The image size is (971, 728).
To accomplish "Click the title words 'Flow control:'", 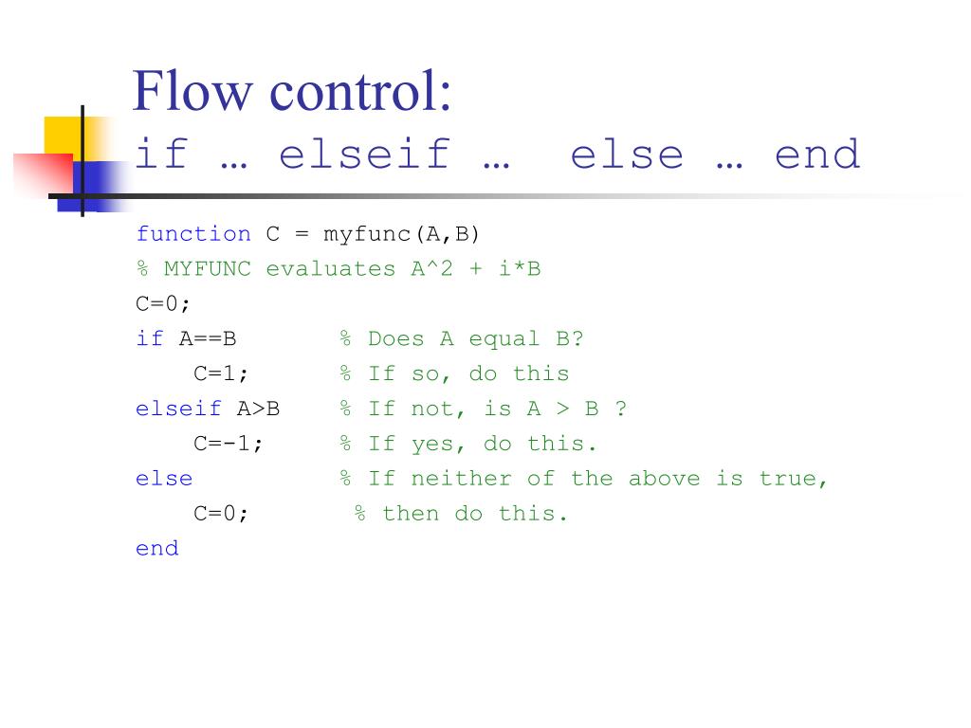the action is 292,93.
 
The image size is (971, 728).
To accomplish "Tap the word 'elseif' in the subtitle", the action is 364,155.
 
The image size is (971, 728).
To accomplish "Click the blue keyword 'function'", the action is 193,234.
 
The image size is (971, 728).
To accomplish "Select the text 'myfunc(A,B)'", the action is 402,234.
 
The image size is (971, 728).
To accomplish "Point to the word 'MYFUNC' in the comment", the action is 208,269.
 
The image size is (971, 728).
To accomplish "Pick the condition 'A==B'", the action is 208,339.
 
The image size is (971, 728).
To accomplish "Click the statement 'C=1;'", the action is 222,373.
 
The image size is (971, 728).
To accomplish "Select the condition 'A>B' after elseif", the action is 258,409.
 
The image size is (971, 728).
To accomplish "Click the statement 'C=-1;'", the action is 229,444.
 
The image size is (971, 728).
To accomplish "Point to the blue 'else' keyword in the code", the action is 164,479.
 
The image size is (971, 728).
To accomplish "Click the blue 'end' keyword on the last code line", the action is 157,548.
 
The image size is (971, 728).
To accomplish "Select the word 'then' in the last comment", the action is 411,514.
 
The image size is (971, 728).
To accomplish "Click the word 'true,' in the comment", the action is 794,479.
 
